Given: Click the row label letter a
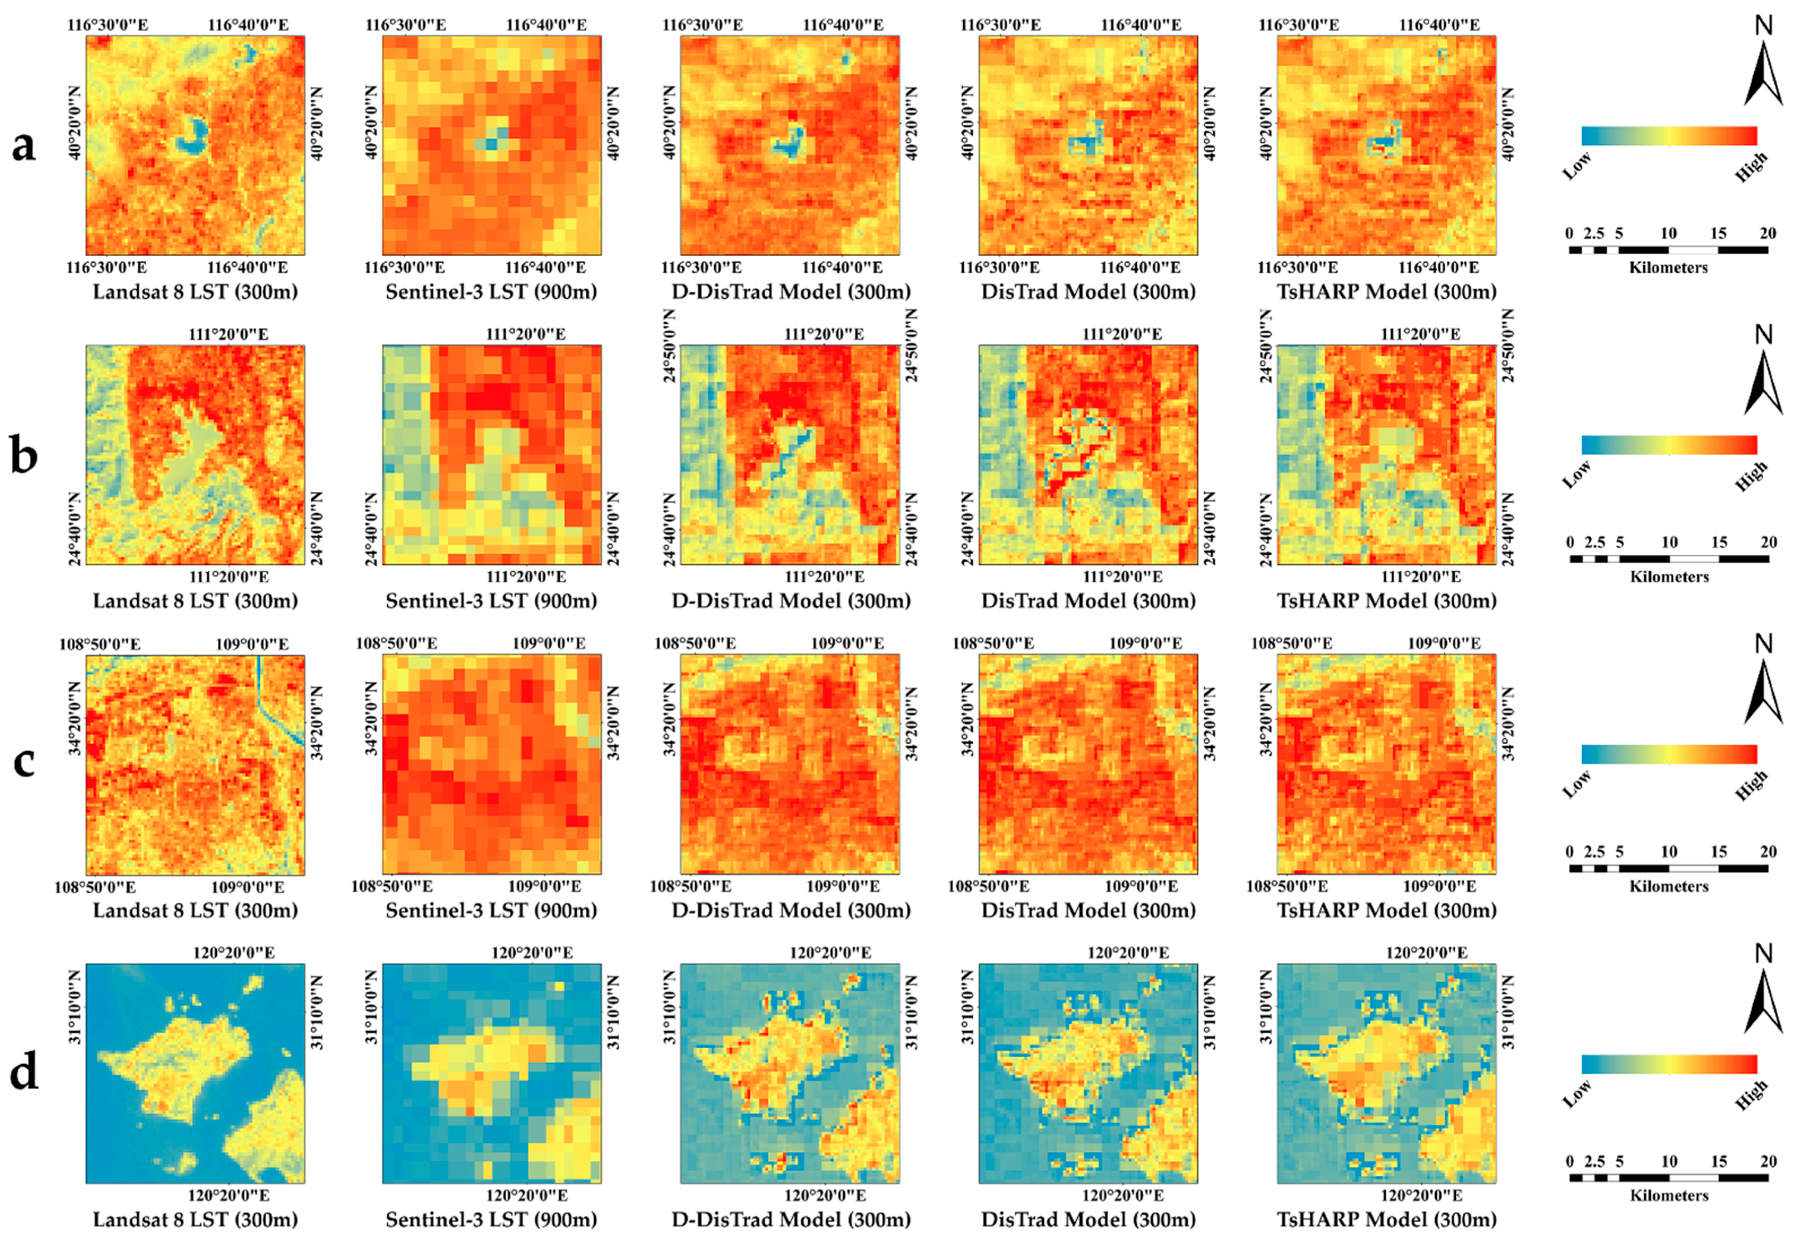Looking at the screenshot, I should point(24,146).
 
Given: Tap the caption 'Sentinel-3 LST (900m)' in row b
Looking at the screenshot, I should point(491,601).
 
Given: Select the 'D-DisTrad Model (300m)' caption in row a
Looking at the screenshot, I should point(790,293).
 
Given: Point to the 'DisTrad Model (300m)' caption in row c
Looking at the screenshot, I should point(1088,911).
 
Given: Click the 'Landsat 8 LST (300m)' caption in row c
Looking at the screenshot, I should point(195,911).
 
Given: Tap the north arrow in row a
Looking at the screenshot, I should point(1763,74).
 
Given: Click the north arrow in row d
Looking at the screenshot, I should point(1763,1001).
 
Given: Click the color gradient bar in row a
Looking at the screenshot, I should point(1669,136).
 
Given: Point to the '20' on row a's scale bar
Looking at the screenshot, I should point(1767,234).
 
